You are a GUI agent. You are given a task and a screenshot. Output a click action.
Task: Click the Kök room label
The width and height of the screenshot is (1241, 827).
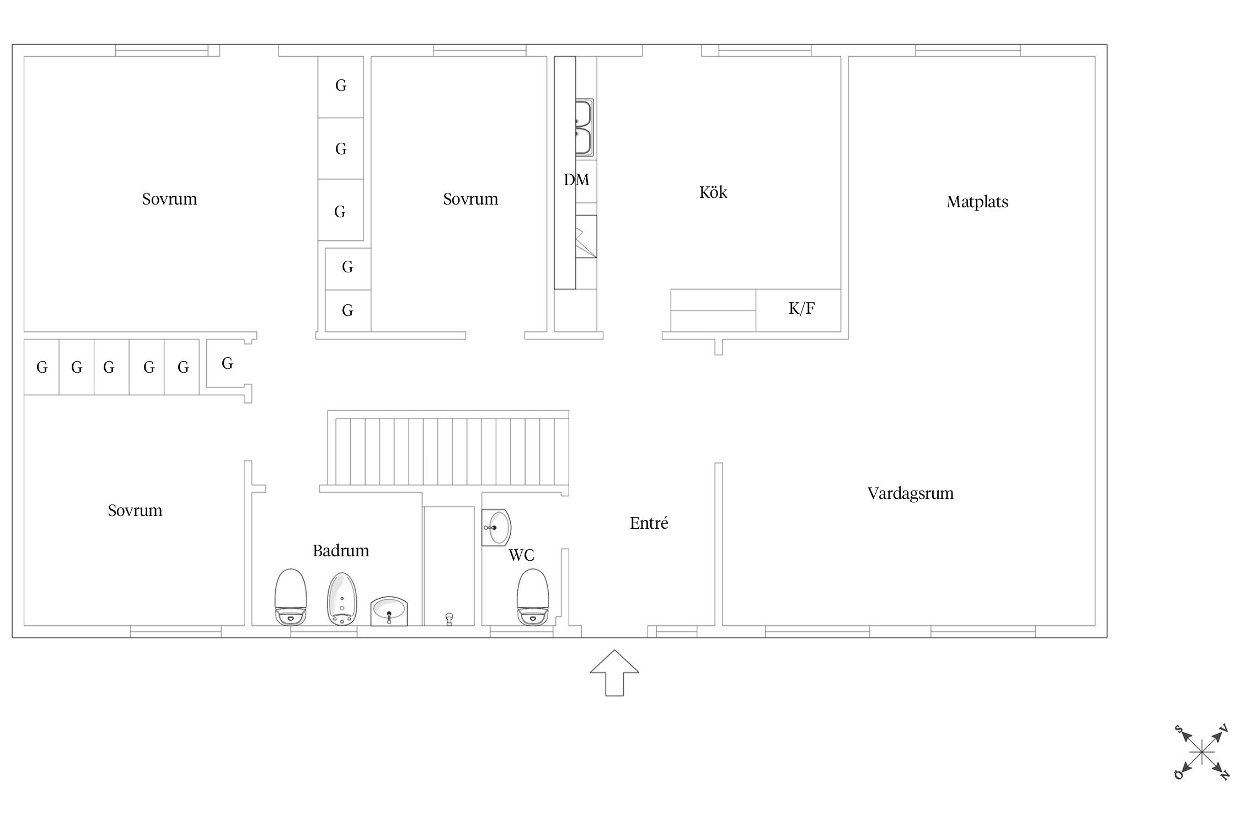point(713,192)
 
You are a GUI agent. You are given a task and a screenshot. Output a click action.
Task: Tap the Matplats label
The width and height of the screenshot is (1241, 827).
point(977,202)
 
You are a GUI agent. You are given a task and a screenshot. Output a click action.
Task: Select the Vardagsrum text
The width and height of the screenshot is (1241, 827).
point(911,493)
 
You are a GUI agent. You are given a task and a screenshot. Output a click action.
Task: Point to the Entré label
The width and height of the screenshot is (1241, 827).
point(649,523)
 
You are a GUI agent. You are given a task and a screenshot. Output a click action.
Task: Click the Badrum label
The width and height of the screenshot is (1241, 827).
point(341,550)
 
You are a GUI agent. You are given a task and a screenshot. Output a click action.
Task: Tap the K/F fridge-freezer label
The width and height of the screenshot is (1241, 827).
point(801,308)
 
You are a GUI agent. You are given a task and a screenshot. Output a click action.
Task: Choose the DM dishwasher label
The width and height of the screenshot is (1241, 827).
point(576,179)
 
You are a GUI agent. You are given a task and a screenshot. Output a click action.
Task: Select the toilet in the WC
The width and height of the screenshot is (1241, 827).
point(533,597)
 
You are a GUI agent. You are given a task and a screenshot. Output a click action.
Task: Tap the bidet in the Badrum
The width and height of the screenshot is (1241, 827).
point(342,599)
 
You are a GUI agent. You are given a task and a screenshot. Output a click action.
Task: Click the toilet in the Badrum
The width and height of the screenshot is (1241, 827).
point(290,597)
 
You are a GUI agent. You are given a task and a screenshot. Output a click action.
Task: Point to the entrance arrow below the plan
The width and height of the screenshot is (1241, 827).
point(614,673)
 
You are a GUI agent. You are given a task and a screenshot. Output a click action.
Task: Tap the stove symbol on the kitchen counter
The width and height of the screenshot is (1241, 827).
point(586,237)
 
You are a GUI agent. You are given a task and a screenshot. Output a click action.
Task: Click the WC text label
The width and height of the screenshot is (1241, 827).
point(521,555)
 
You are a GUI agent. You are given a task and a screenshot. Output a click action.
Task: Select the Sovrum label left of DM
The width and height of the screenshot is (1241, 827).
point(470,198)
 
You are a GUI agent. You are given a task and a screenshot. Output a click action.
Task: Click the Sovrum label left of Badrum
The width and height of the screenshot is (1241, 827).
point(135,510)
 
